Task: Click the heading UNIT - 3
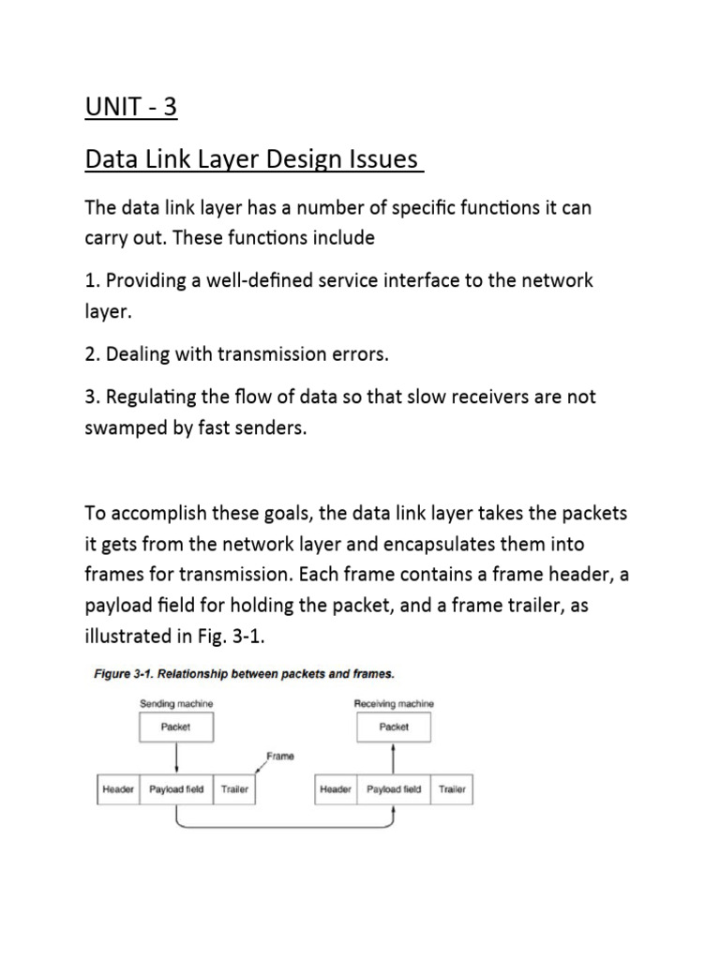[x=130, y=108]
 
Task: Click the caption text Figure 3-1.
[x=126, y=673]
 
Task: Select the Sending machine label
[x=176, y=703]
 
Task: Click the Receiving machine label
[x=393, y=703]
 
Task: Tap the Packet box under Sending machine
[x=176, y=727]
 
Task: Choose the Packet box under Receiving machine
[x=394, y=727]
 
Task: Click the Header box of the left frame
[x=119, y=789]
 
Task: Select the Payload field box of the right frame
[x=394, y=789]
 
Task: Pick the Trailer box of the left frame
[x=234, y=789]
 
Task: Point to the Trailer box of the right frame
[x=452, y=789]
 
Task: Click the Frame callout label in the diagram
[x=280, y=756]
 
